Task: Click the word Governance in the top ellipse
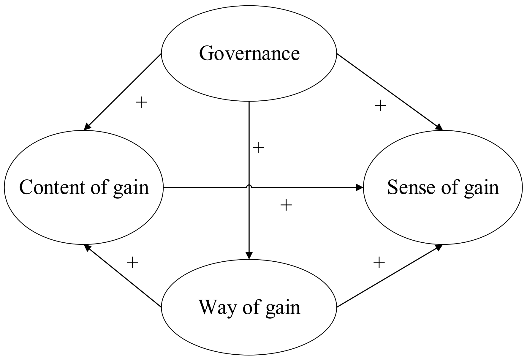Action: pos(249,54)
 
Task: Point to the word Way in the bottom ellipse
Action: pos(217,307)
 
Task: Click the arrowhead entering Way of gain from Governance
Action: pos(249,256)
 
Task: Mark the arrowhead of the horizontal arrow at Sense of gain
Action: pos(360,187)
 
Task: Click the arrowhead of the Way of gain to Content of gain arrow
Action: pos(87,248)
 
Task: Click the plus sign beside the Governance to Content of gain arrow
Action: pos(141,103)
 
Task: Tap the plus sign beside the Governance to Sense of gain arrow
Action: pos(380,105)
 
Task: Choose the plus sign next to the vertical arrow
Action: pos(258,148)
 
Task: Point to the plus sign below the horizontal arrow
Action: pos(286,205)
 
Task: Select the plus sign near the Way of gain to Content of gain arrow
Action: pos(132,262)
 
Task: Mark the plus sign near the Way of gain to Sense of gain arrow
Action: pos(379,262)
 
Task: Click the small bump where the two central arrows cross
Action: pos(249,186)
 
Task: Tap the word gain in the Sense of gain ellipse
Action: pos(482,189)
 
